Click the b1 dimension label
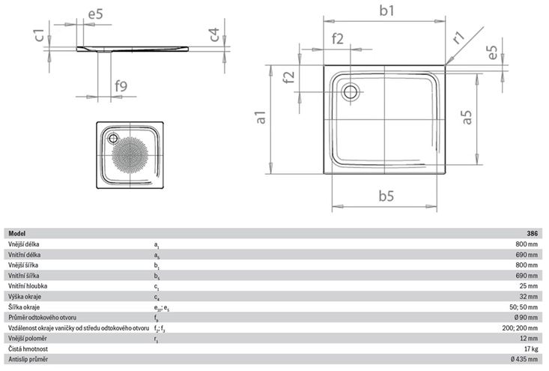[x=386, y=10]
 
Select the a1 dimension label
[x=261, y=118]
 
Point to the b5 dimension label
[x=386, y=196]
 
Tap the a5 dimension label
[x=467, y=117]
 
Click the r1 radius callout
[x=458, y=37]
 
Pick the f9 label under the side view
[x=121, y=86]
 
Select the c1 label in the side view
[x=40, y=35]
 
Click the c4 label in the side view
[x=214, y=34]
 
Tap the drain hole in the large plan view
[x=350, y=91]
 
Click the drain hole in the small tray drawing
[x=113, y=139]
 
